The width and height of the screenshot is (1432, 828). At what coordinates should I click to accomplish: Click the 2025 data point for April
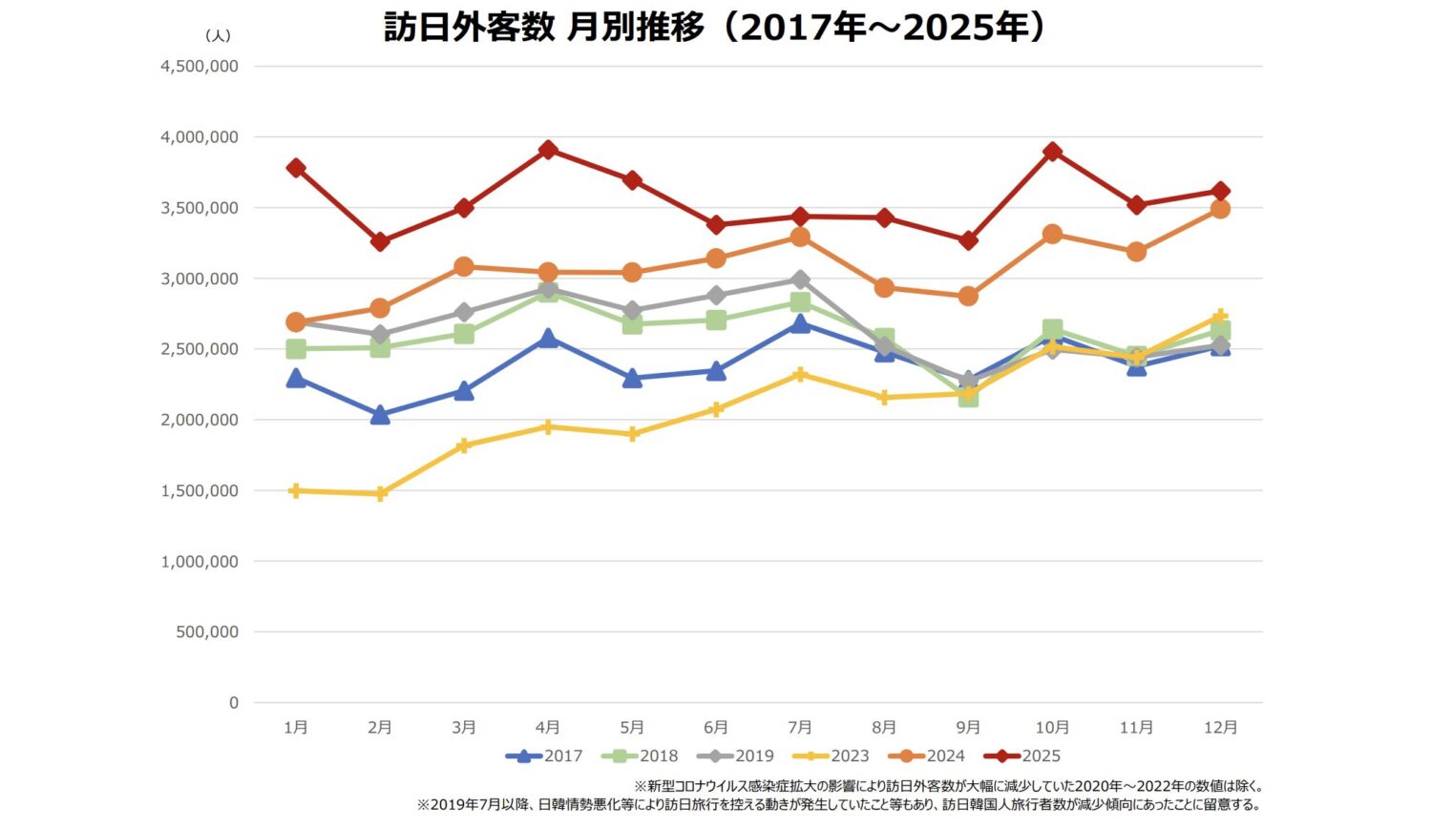(x=548, y=150)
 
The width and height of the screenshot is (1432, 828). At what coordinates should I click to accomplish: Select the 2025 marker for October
(x=1052, y=152)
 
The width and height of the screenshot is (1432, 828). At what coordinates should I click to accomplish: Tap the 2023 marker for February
(x=380, y=494)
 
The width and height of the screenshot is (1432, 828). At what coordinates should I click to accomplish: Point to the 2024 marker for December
(x=1220, y=209)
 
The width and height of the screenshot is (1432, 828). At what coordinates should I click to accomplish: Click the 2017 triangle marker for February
(x=380, y=415)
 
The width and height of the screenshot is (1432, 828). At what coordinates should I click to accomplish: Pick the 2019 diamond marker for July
(x=800, y=279)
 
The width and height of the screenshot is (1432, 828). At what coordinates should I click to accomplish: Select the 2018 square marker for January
(x=296, y=349)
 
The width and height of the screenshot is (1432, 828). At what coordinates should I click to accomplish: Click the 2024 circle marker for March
(x=464, y=266)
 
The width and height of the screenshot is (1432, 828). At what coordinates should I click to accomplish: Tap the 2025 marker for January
(x=296, y=168)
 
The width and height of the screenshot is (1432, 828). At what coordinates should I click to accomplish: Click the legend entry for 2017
(x=544, y=756)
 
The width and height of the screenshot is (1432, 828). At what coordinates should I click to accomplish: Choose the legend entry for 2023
(x=832, y=756)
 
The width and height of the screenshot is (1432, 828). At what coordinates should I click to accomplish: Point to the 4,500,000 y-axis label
(x=200, y=67)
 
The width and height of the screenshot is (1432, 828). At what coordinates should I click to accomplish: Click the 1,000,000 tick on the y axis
(x=200, y=562)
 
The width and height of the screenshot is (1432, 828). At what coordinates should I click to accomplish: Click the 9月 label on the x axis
(x=968, y=728)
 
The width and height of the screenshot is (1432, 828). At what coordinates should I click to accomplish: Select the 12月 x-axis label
(x=1220, y=728)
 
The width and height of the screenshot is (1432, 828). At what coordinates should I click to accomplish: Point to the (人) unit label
(x=218, y=36)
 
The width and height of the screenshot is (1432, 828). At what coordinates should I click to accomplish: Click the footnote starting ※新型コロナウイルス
(x=949, y=787)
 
